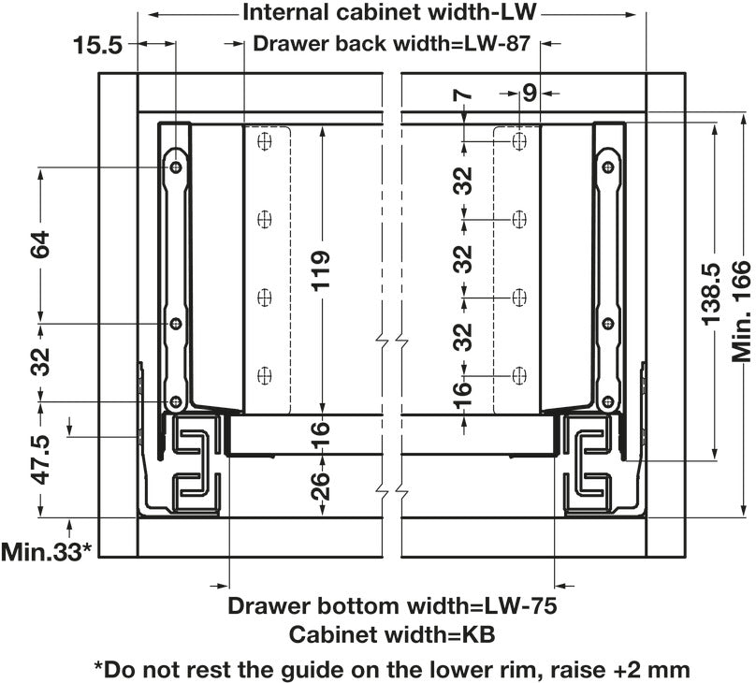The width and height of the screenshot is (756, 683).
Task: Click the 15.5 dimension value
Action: [x=97, y=45]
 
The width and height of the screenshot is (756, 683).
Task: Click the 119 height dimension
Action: [x=321, y=271]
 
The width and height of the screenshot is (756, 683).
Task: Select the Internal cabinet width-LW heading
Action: [x=392, y=14]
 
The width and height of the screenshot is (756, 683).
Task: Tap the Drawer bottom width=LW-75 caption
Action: [x=392, y=605]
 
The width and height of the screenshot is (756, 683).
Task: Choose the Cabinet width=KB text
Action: [x=392, y=634]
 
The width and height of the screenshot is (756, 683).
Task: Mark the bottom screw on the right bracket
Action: [x=608, y=402]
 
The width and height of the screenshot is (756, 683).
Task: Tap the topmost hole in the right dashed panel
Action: [x=520, y=141]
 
